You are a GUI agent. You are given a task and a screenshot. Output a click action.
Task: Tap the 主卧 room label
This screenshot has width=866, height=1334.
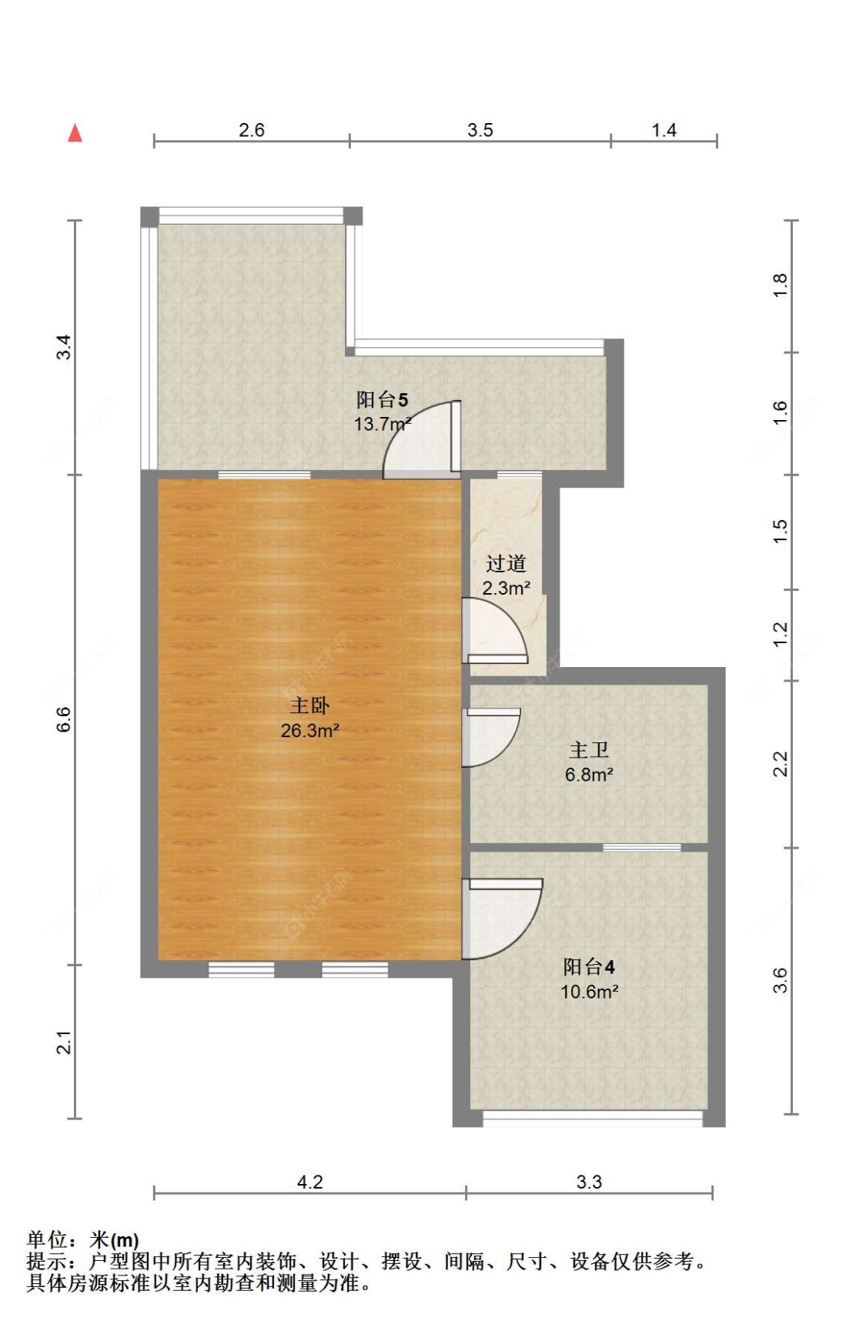click(309, 705)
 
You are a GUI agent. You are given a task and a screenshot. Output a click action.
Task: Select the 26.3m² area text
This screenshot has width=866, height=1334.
click(309, 731)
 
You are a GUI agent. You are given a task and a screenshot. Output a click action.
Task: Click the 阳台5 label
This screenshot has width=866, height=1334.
click(382, 399)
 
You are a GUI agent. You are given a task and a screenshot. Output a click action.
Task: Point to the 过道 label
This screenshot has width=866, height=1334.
click(506, 564)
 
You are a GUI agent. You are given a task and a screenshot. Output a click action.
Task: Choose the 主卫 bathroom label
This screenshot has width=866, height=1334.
click(589, 750)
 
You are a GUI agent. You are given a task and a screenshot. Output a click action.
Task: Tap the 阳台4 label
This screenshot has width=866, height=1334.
click(589, 967)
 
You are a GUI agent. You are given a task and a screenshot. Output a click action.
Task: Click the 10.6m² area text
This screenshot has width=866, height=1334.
click(589, 992)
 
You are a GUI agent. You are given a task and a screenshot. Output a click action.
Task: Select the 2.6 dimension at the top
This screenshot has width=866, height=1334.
click(251, 130)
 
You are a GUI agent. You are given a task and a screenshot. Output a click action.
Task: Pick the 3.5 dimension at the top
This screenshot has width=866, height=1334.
click(480, 130)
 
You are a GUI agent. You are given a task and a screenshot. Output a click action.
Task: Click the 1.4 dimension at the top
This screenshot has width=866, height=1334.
click(664, 130)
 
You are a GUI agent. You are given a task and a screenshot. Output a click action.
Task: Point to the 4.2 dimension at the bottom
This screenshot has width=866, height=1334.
click(309, 1182)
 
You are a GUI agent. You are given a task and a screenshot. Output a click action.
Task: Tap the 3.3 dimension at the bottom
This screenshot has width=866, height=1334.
click(589, 1182)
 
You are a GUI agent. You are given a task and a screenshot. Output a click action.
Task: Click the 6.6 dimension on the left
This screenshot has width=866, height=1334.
click(63, 719)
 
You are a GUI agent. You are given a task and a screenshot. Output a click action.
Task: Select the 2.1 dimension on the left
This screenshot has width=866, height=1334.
click(63, 1042)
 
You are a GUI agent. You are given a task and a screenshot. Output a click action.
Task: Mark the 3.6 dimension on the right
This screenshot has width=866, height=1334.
click(780, 980)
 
